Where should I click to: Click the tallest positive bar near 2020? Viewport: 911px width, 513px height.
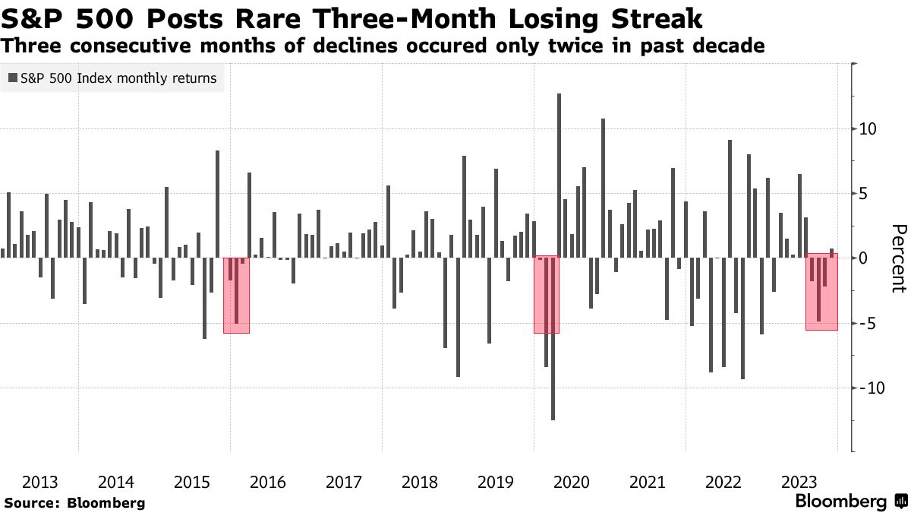pyautogui.click(x=559, y=175)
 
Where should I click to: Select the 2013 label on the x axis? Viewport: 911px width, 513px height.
pyautogui.click(x=40, y=482)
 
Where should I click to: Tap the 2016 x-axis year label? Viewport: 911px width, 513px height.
pyautogui.click(x=267, y=482)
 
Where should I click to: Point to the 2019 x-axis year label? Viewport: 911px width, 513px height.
pyautogui.click(x=495, y=482)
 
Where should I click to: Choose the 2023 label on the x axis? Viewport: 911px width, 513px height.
pyautogui.click(x=799, y=482)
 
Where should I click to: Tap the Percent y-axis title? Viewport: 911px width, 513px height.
pyautogui.click(x=899, y=258)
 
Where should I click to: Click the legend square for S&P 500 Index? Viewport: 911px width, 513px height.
pyautogui.click(x=13, y=78)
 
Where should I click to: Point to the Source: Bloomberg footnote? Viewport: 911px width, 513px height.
pyautogui.click(x=74, y=502)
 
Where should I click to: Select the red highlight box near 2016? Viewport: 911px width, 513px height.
pyautogui.click(x=235, y=295)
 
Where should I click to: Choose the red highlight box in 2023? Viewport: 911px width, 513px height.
pyautogui.click(x=821, y=291)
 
